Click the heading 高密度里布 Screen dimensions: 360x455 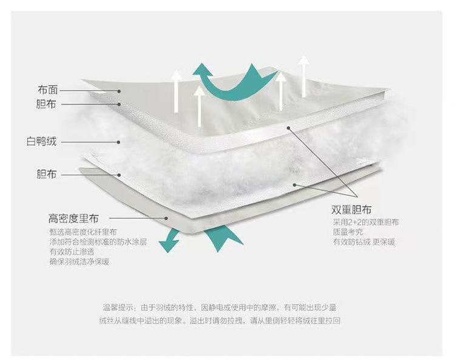73,218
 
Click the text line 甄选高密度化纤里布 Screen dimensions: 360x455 83,232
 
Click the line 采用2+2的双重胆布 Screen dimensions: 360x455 362,222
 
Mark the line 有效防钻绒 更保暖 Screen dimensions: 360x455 363,242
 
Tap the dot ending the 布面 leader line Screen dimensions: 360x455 120,91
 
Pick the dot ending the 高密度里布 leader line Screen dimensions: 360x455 166,218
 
